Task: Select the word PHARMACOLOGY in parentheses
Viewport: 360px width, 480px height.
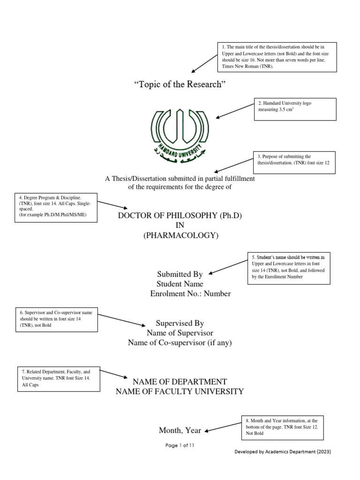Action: click(181, 236)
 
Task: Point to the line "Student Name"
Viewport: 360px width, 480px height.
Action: click(180, 284)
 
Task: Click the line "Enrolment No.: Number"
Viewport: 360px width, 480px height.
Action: click(190, 294)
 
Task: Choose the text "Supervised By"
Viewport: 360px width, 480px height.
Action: click(180, 323)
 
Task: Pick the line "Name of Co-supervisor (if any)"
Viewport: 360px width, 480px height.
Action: click(180, 343)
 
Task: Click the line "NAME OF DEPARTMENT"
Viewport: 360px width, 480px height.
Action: click(180, 382)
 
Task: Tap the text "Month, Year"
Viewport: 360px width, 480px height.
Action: click(180, 430)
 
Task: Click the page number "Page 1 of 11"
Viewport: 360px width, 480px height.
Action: click(180, 446)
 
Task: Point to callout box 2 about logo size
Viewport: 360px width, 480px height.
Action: click(295, 109)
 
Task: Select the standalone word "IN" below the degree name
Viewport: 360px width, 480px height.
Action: click(180, 225)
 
